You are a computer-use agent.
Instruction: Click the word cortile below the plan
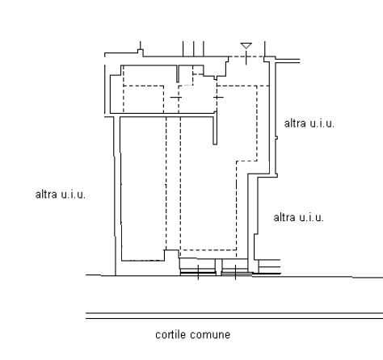click(x=170, y=334)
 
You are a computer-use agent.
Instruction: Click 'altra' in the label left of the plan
click(x=46, y=195)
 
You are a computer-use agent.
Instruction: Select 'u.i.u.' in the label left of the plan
click(x=74, y=195)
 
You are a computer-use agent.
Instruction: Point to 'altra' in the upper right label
click(x=295, y=123)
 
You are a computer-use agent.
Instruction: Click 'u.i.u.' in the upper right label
click(x=322, y=123)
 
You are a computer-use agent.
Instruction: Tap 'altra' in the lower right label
click(x=284, y=217)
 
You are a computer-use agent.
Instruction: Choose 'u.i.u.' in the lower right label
click(x=311, y=217)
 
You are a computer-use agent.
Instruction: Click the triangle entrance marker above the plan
click(x=246, y=46)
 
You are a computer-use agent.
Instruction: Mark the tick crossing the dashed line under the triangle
click(x=246, y=57)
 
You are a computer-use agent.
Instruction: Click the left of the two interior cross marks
click(x=176, y=97)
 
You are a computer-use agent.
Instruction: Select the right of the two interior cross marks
click(x=218, y=97)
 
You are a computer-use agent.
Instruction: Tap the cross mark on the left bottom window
click(x=198, y=272)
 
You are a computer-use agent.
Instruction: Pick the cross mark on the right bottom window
click(x=235, y=272)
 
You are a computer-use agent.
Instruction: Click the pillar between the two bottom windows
click(x=218, y=267)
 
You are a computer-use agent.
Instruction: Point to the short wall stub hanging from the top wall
click(x=178, y=73)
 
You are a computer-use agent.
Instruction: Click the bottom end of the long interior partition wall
click(x=215, y=144)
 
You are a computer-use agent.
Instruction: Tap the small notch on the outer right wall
click(x=276, y=138)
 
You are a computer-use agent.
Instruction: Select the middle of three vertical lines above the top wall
click(x=193, y=49)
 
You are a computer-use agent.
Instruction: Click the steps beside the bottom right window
click(x=269, y=266)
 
